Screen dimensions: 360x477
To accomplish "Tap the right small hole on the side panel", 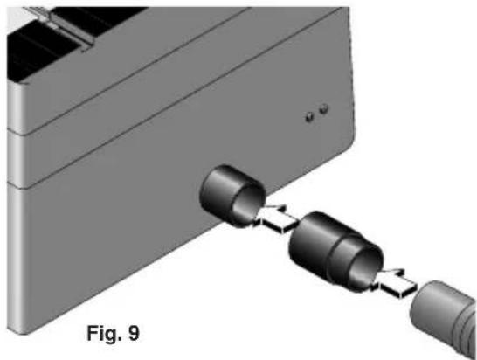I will (x=324, y=108).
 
